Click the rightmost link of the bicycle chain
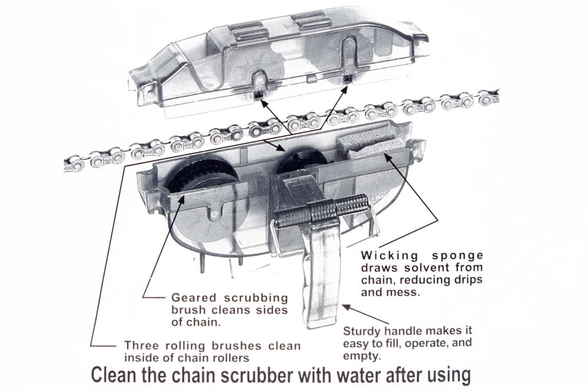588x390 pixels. click(x=489, y=97)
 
